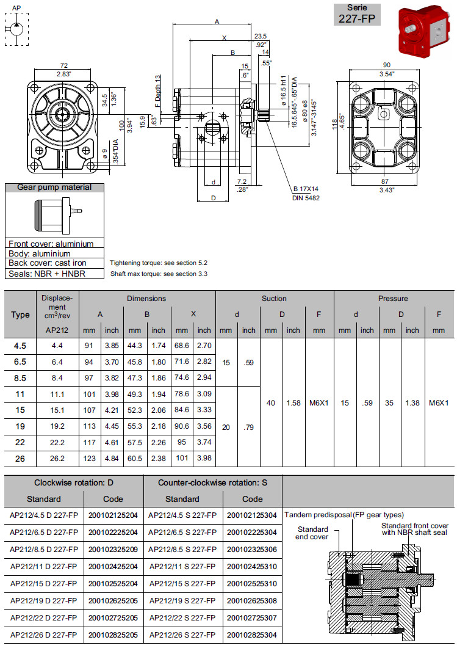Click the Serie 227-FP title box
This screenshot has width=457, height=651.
(359, 13)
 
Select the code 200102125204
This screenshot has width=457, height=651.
(113, 515)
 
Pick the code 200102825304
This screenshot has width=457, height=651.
(252, 635)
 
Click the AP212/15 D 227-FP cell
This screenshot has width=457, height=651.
(44, 584)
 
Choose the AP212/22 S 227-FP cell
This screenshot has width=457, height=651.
(182, 618)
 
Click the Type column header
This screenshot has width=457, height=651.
(20, 315)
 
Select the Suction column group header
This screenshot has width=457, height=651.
(274, 299)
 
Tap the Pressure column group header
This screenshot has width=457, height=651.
(393, 299)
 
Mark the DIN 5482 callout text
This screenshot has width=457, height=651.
(307, 198)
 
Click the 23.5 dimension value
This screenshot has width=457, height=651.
(261, 35)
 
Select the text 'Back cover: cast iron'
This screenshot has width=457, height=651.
(48, 263)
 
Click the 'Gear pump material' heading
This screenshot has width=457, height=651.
(54, 187)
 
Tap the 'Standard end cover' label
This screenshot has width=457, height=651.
(313, 533)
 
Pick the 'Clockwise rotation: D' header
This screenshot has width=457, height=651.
(73, 482)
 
